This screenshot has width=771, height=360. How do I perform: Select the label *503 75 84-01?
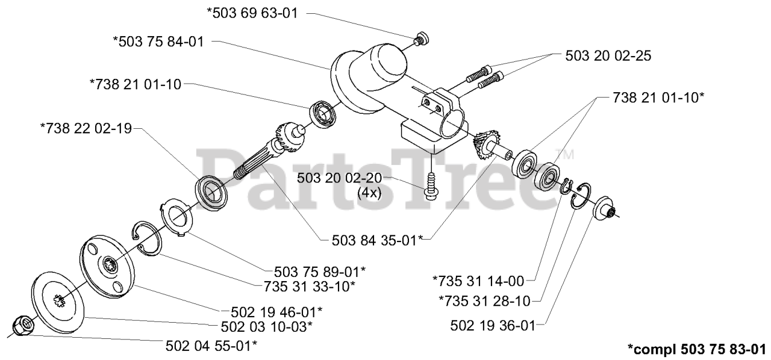pos(158,42)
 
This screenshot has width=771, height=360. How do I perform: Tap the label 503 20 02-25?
pos(608,55)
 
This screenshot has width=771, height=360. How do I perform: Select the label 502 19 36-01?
pos(492,326)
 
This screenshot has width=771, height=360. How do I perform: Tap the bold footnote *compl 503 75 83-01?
pos(696,349)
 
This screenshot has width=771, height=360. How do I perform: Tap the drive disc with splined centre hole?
pos(108,265)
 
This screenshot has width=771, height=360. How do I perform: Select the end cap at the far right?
pos(604,211)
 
